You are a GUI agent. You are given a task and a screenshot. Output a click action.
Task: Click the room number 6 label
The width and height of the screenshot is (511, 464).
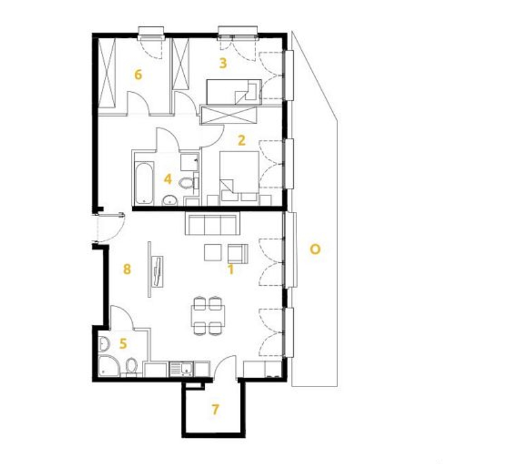(138, 74)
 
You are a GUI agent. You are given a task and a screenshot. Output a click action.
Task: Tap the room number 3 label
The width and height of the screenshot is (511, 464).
(223, 63)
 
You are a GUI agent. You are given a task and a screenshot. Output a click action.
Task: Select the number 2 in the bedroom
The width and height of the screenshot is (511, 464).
(241, 140)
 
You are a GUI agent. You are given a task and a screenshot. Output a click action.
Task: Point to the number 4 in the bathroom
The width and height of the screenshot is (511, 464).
(168, 179)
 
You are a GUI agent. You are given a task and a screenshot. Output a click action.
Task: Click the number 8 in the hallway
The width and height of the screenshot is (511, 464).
(127, 269)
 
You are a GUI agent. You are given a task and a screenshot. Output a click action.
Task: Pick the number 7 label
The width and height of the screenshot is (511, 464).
(215, 409)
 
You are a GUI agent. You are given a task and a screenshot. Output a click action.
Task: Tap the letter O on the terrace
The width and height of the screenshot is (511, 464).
(315, 250)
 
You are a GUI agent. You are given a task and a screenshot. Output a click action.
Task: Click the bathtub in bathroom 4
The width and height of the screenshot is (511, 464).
(144, 183)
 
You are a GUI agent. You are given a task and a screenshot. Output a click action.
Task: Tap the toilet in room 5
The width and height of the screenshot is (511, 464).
(131, 367)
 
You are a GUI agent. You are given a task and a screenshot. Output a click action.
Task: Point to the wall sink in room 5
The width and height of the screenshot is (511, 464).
(104, 343)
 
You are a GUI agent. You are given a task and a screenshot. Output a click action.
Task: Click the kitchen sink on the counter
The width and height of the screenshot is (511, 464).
(182, 369)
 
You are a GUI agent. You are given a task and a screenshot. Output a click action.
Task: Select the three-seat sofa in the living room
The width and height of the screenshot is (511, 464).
(212, 223)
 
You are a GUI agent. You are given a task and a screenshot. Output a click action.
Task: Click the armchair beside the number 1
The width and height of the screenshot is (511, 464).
(238, 253)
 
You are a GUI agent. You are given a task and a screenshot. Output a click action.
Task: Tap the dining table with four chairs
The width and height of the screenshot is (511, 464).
(209, 315)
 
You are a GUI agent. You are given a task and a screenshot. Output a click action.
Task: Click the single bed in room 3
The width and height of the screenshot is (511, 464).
(234, 92)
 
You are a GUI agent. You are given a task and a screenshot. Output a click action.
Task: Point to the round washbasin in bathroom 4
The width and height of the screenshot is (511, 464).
(170, 200)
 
